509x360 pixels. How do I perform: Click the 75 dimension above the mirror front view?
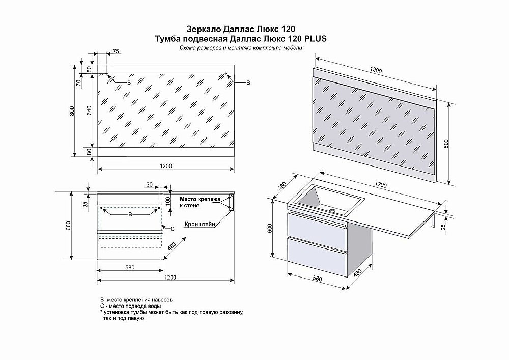tap(116, 51)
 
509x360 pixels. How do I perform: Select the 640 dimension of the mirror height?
tap(88, 110)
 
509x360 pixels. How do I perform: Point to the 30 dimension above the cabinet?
tap(149, 184)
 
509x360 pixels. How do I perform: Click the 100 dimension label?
tap(167, 199)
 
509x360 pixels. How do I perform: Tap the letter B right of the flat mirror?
tap(248, 82)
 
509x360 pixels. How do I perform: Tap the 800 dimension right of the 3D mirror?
tap(446, 144)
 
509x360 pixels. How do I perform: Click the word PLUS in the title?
tap(315, 38)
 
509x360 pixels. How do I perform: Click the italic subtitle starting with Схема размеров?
tap(241, 48)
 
